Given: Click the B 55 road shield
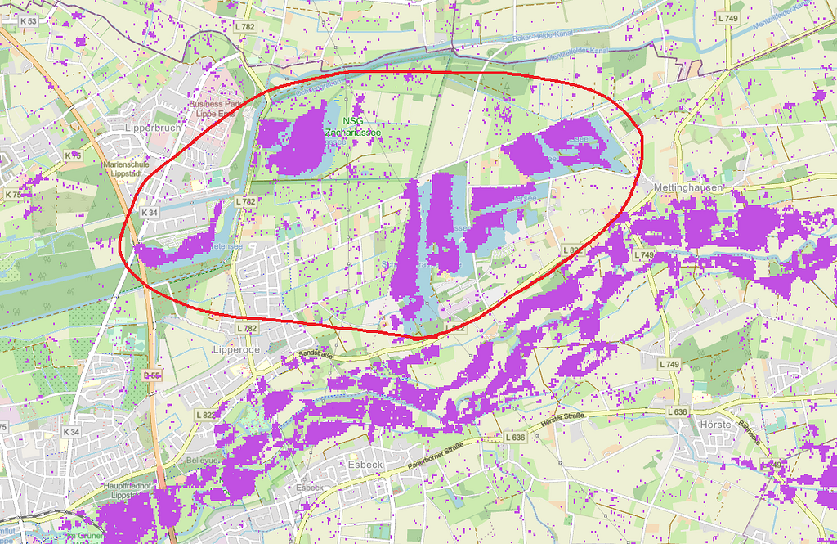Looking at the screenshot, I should tap(150, 375).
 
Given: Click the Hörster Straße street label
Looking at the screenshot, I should tap(564, 424).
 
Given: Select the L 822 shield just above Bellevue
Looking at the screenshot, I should tap(208, 416).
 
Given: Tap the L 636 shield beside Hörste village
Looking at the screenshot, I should tap(678, 411).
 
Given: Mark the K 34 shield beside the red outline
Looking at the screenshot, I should tap(150, 213).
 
